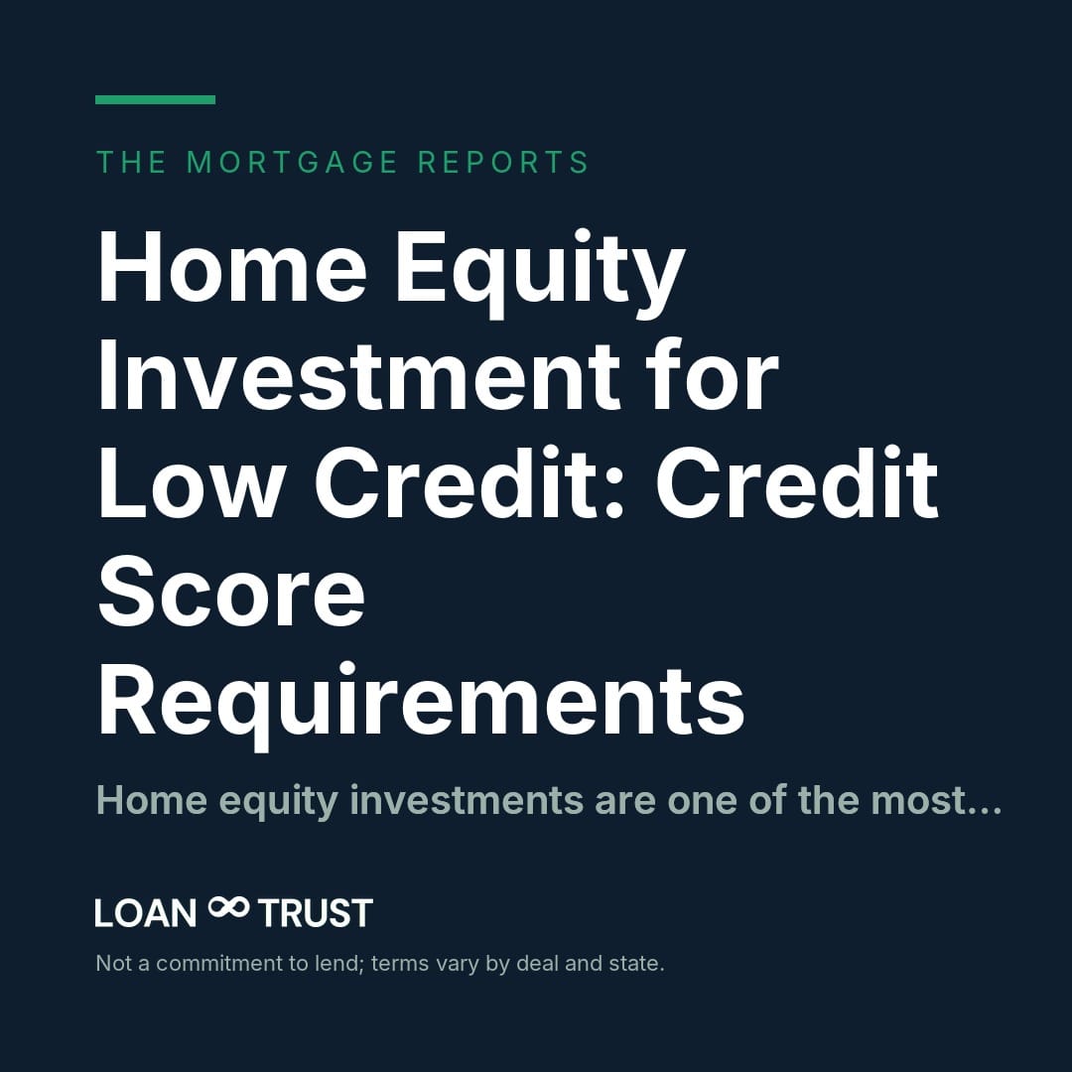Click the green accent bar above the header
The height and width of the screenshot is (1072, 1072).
[x=155, y=100]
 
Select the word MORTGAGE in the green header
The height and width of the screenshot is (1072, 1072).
[x=292, y=163]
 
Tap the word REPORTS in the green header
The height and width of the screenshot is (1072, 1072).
[x=503, y=163]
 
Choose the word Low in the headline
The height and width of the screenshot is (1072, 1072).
[x=190, y=484]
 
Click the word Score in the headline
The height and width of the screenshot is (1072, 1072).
[x=231, y=592]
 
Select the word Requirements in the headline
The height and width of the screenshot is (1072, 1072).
[x=421, y=704]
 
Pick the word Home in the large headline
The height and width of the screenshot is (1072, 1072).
[x=232, y=267]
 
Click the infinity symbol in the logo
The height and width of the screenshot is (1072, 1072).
[x=228, y=908]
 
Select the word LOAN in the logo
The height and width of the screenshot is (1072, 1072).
[x=146, y=913]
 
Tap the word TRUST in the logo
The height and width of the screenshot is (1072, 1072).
[x=316, y=913]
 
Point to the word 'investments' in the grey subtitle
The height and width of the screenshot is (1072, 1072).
[x=467, y=800]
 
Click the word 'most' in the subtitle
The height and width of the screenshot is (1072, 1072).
[x=918, y=801]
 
